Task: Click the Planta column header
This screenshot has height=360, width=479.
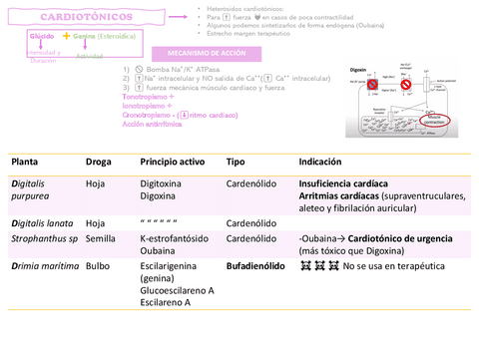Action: [x=26, y=162]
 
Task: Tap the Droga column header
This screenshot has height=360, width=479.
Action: [x=99, y=162]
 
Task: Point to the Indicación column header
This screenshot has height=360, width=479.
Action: [x=323, y=162]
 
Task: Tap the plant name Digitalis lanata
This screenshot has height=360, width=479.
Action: [x=43, y=223]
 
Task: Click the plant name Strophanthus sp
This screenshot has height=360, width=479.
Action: [x=44, y=239]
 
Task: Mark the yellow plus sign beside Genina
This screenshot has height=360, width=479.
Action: [x=67, y=35]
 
